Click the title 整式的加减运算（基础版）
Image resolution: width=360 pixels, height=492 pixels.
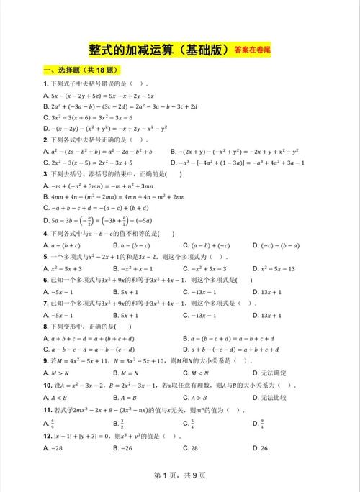[158, 50]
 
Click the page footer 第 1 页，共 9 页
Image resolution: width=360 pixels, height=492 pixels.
[180, 475]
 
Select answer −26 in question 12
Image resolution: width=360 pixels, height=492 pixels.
[127, 449]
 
